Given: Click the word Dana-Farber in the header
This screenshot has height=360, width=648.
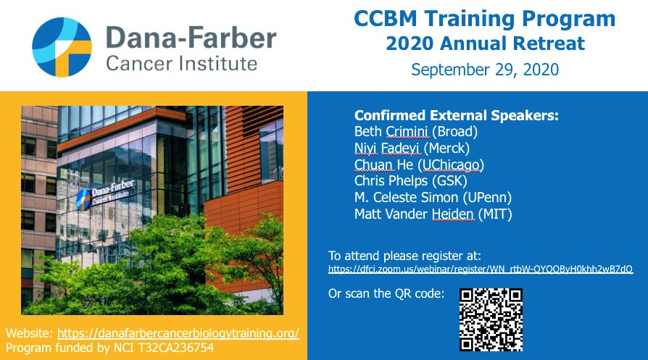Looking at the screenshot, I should [x=191, y=36].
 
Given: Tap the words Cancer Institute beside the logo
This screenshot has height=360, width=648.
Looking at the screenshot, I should [x=181, y=64].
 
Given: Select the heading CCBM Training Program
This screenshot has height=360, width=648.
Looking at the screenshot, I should [x=485, y=19].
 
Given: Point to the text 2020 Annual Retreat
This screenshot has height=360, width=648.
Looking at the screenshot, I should [x=485, y=44].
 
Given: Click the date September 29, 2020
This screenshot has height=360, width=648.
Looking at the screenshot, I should [x=485, y=70].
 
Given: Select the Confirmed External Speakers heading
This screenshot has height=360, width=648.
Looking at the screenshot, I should [x=456, y=116].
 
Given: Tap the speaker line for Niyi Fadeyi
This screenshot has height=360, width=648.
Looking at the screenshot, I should [x=410, y=148].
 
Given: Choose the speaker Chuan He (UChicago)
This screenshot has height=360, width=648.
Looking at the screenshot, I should [x=419, y=164].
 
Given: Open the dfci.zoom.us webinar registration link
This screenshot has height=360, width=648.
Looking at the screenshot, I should [x=481, y=269].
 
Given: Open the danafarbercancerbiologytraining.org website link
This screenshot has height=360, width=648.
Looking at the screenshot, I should [x=178, y=333].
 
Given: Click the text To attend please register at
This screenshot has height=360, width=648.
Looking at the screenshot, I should [x=404, y=256].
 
